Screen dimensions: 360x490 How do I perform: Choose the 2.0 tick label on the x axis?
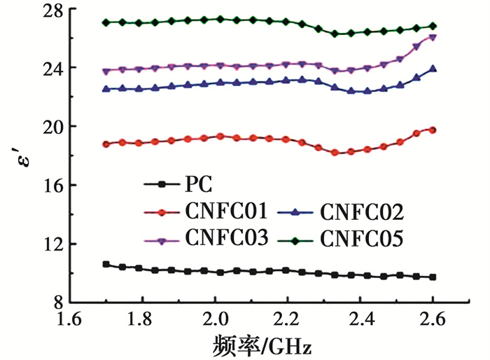tap(214, 320)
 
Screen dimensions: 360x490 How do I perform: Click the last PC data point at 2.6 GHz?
tap(433, 277)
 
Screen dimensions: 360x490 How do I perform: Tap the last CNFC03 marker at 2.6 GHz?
tap(433, 37)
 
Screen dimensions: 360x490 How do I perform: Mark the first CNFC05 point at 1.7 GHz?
tap(106, 22)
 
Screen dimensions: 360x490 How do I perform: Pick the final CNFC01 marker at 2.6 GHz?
tap(433, 130)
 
